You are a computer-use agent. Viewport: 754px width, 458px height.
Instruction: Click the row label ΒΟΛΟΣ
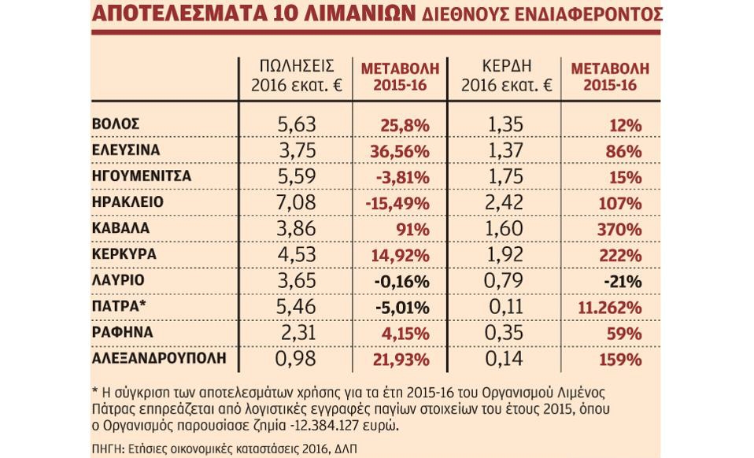[x=116, y=124]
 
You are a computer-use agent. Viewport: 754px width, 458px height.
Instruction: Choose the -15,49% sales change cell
[x=397, y=203]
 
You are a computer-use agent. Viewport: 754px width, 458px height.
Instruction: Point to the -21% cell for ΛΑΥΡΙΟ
[x=627, y=281]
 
